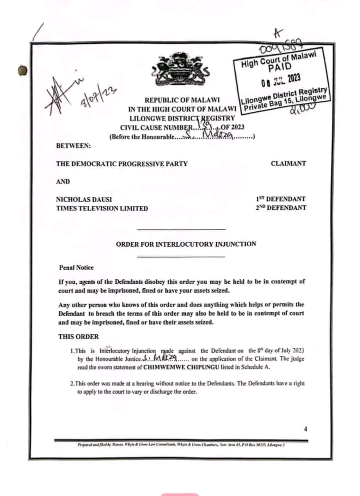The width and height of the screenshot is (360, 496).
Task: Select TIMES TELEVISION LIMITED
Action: click(x=102, y=208)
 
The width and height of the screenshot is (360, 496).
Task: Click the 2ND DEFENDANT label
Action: click(x=280, y=207)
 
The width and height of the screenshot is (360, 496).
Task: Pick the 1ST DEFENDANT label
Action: click(x=280, y=198)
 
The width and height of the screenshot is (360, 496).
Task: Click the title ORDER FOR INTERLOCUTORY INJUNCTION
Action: click(x=186, y=244)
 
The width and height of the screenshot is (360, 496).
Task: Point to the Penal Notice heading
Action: click(x=76, y=268)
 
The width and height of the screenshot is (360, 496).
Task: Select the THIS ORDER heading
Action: click(x=78, y=336)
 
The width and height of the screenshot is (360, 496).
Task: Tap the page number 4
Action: click(x=304, y=429)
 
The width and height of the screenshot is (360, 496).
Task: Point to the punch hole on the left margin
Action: click(x=22, y=71)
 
